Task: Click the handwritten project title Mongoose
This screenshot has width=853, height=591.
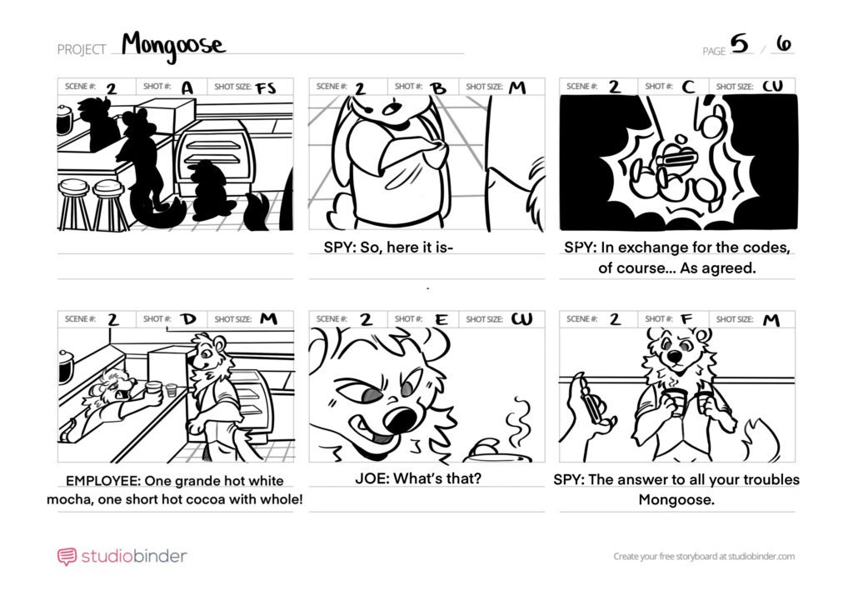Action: click(x=173, y=46)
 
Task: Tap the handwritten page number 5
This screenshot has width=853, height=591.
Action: click(x=740, y=43)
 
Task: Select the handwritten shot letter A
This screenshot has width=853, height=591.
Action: click(x=187, y=87)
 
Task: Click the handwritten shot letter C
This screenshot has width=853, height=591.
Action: click(x=688, y=87)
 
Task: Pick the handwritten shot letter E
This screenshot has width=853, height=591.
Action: click(x=441, y=319)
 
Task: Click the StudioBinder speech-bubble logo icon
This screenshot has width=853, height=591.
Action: click(x=67, y=557)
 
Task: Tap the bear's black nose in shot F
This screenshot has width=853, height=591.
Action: click(x=675, y=357)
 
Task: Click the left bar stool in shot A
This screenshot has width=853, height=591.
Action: click(x=73, y=204)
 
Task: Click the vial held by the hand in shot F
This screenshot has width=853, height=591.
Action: click(x=592, y=400)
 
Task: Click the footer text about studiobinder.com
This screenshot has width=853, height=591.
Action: click(x=704, y=556)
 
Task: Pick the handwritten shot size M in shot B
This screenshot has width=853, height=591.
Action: click(x=517, y=87)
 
